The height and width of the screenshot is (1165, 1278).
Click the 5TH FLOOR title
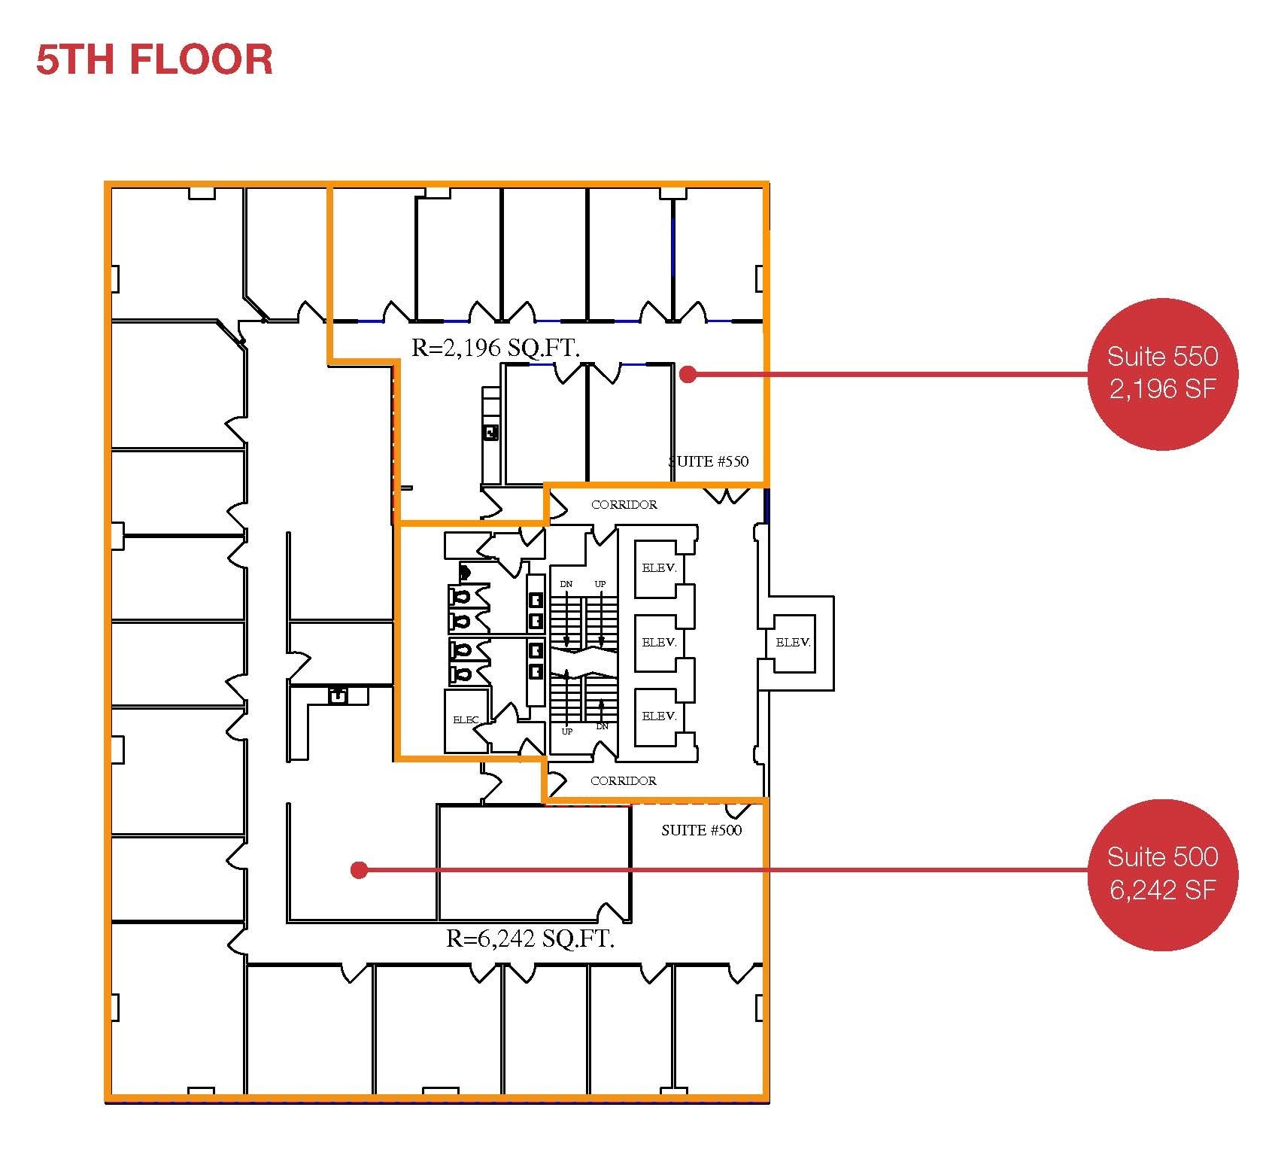point(154,60)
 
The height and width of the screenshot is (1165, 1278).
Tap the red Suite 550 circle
point(1162,374)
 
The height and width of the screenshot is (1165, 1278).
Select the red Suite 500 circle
point(1162,875)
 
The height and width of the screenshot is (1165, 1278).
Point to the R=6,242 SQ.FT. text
point(530,938)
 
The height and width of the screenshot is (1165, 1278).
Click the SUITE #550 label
point(709,461)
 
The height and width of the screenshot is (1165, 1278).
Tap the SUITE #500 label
point(701,830)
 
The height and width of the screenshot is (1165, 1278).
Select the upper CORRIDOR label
point(624,505)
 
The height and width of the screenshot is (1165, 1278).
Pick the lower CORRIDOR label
point(623,781)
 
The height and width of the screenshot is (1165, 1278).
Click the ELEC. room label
point(466,720)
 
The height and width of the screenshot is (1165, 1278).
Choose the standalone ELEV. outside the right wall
point(793,642)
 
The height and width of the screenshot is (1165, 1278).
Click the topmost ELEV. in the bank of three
point(659,568)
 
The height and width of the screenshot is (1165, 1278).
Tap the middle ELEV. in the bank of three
point(659,642)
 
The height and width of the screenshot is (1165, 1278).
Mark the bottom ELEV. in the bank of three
point(659,716)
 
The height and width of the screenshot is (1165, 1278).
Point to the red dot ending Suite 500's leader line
point(359,870)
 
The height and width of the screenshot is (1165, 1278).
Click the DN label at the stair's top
point(566,584)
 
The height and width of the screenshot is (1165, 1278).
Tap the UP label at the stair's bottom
point(566,732)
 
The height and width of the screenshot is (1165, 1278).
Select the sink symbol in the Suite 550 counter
point(490,432)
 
